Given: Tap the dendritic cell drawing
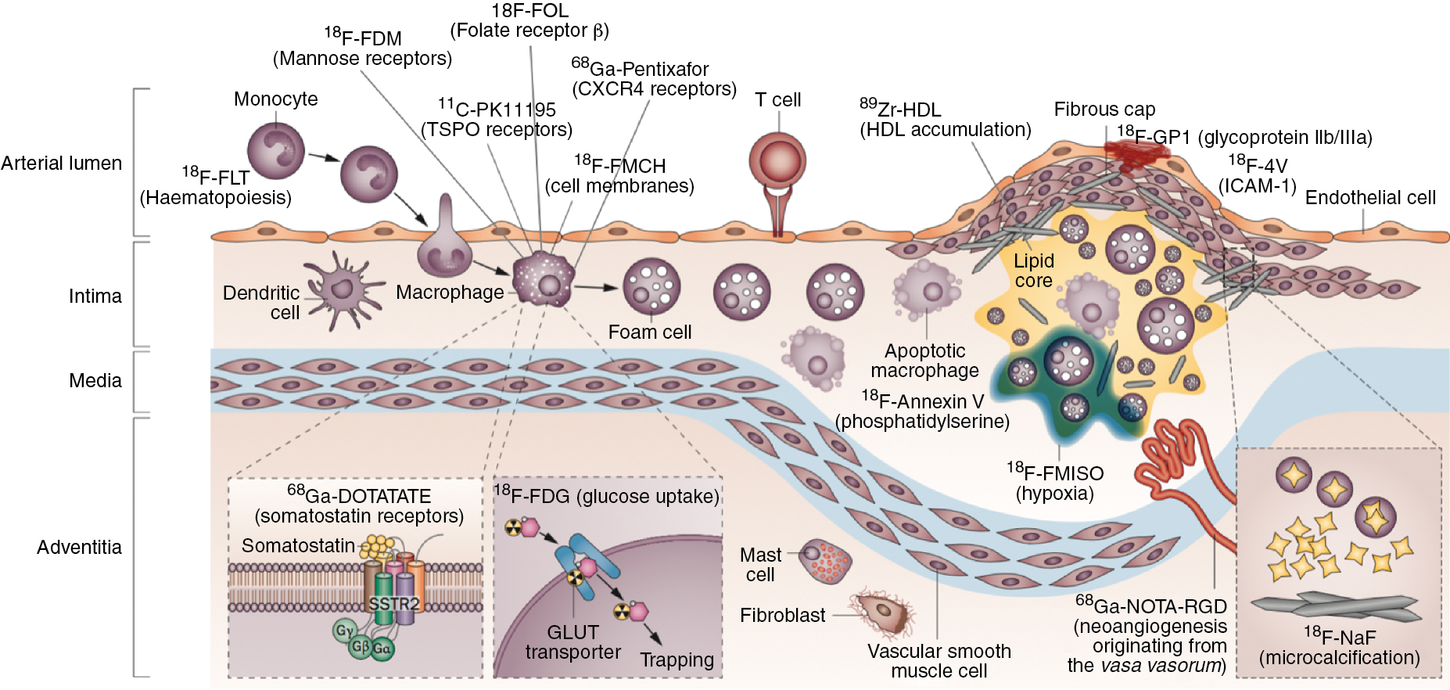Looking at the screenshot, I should (x=342, y=289).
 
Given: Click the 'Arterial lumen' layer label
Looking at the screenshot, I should (x=62, y=164).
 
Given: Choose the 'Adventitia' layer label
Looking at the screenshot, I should (x=79, y=548).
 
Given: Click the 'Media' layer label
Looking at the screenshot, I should (x=95, y=381).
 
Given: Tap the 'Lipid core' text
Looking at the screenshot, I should (x=1034, y=271).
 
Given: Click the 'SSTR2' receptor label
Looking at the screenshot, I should (x=393, y=604).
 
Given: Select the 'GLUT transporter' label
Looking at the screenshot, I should (x=572, y=642).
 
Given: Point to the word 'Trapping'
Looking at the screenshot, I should (x=677, y=660).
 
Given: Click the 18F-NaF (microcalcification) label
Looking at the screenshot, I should (x=1339, y=648).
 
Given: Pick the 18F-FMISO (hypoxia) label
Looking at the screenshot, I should (x=1055, y=483).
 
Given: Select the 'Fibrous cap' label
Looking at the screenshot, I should (x=1104, y=110).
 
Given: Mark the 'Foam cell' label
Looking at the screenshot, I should (x=650, y=332).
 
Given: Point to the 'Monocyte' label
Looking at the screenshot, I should (x=276, y=99).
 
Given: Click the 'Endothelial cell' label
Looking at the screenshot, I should (x=1370, y=198).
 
